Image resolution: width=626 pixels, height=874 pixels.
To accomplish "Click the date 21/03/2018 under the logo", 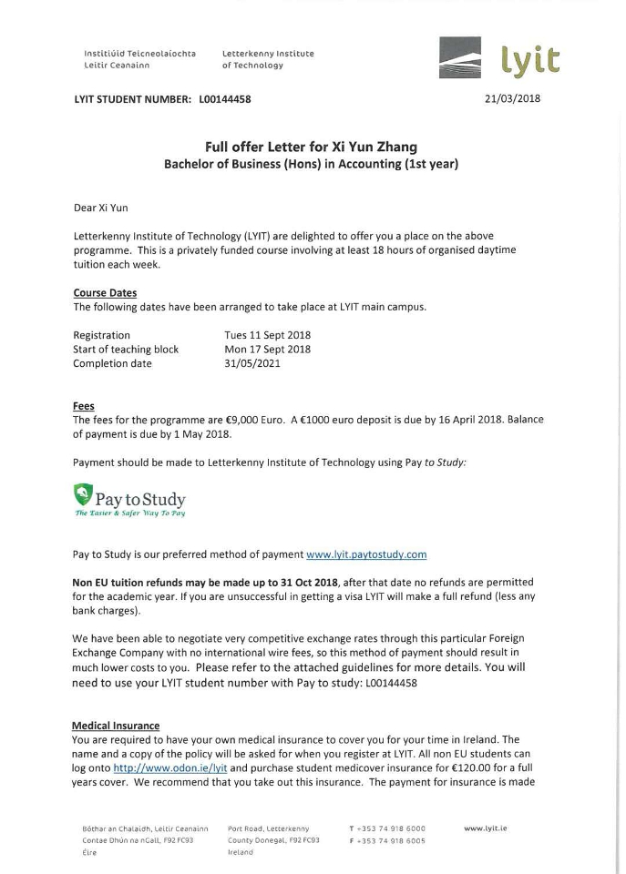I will pyautogui.click(x=513, y=98).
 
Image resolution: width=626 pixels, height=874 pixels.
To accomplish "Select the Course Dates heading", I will pyautogui.click(x=105, y=293).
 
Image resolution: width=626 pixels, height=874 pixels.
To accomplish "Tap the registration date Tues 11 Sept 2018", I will pyautogui.click(x=267, y=335).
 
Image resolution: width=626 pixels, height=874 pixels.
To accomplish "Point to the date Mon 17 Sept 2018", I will pyautogui.click(x=267, y=349).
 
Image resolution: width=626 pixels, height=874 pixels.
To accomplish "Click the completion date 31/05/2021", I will pyautogui.click(x=252, y=363).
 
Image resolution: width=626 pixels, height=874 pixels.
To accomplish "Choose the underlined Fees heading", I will pyautogui.click(x=84, y=406).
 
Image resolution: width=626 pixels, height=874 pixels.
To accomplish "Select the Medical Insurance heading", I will pyautogui.click(x=117, y=726).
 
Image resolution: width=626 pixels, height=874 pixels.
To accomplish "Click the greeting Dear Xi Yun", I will pyautogui.click(x=100, y=208).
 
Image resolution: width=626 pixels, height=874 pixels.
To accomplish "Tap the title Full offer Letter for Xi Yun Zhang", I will pyautogui.click(x=311, y=147).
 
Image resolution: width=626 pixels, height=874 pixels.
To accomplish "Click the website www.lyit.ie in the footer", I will pyautogui.click(x=485, y=828).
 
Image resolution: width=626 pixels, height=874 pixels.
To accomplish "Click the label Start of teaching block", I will pyautogui.click(x=126, y=349).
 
